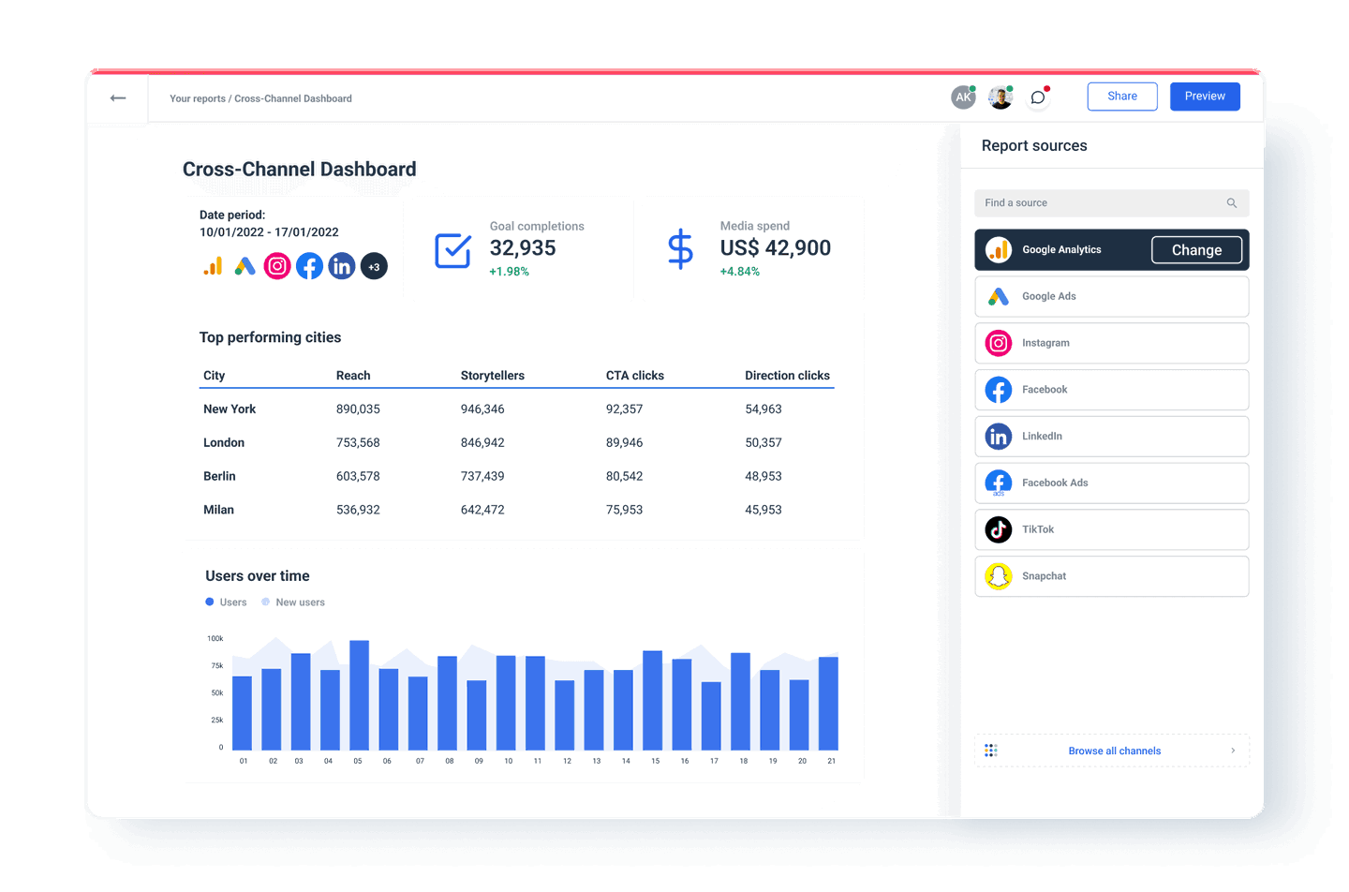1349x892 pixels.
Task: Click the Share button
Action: point(1121,97)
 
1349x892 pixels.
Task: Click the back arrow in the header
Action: point(118,98)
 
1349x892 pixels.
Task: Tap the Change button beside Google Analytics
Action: point(1196,250)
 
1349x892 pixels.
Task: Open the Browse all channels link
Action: point(1114,751)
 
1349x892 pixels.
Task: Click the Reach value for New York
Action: point(358,409)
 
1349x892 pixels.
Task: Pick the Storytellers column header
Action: point(492,376)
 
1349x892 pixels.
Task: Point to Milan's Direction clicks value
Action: point(763,510)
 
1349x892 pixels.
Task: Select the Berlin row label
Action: point(219,476)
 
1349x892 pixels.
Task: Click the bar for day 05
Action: point(359,695)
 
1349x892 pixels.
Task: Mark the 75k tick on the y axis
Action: point(217,666)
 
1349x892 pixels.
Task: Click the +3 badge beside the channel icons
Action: point(374,267)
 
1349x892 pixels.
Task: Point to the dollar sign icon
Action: point(680,249)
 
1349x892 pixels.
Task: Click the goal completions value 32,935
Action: point(523,248)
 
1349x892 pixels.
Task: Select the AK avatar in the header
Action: point(963,97)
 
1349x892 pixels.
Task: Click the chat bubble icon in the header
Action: point(1038,97)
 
